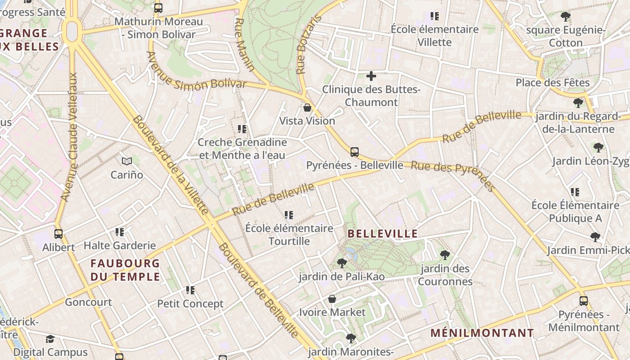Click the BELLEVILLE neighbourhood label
pos(383,234)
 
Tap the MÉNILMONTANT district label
pos(482,333)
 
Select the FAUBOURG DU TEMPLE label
pos(125,270)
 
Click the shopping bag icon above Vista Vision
pos(307,108)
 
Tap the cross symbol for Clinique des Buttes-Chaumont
pos(371,76)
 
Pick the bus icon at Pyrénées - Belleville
pos(355,152)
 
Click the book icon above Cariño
pos(127,161)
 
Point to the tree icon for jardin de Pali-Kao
pos(342,263)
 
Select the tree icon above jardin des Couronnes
pos(445,255)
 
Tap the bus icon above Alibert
pos(58,234)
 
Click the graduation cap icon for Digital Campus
pos(50,339)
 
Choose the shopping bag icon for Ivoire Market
pos(332,299)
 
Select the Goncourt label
pos(88,302)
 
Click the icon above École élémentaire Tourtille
pos(289,215)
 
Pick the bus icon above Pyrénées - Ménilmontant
pos(584,301)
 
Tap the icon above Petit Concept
pos(190,290)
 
